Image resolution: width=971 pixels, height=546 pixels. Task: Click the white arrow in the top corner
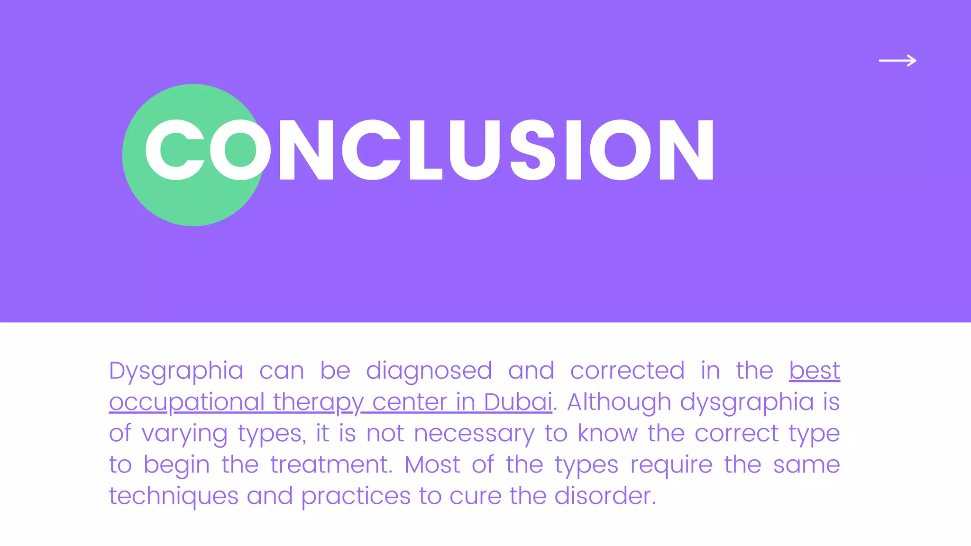898,61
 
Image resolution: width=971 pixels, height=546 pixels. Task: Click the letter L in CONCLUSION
425,150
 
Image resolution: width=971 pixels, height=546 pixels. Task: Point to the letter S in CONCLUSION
532,150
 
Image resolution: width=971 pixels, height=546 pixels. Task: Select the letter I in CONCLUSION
574,150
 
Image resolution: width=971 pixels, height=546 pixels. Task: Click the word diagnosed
429,371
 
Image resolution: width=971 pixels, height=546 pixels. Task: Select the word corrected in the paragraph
627,371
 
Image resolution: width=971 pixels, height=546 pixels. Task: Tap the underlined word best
815,371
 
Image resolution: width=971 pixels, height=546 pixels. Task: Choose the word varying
184,434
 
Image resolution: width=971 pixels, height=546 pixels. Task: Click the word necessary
474,434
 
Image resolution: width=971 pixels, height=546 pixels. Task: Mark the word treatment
331,464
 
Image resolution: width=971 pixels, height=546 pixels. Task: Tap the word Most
432,464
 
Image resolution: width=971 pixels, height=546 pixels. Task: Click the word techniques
174,496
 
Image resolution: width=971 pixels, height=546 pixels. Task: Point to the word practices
356,496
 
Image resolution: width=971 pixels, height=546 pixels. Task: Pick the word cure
475,496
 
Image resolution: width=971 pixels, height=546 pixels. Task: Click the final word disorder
605,496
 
